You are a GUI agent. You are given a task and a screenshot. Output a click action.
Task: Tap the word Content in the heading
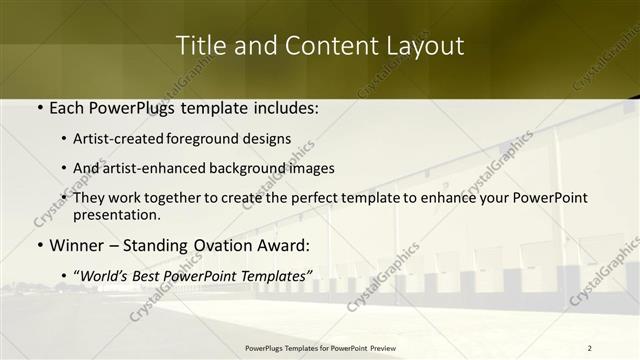click(x=319, y=46)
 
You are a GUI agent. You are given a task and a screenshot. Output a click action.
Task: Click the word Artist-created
click(x=133, y=139)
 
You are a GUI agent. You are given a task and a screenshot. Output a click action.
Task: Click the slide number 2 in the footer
click(x=590, y=348)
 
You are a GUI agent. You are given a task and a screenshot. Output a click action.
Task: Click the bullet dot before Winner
click(x=39, y=245)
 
